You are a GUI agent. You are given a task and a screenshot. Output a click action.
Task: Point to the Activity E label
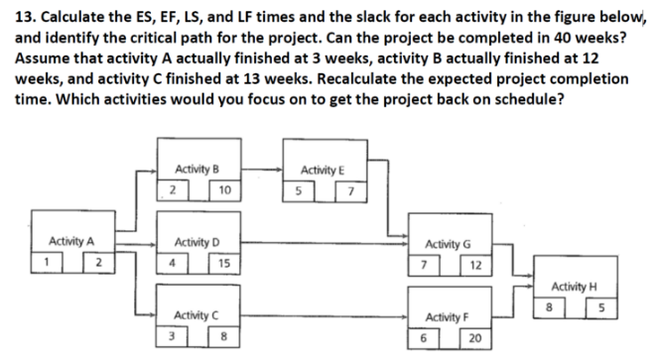[x=322, y=170]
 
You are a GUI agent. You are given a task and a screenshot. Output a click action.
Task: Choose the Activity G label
[x=449, y=243]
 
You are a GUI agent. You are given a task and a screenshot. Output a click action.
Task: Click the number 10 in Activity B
[x=225, y=189]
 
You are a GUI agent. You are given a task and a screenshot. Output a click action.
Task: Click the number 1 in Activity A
[x=46, y=262]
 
